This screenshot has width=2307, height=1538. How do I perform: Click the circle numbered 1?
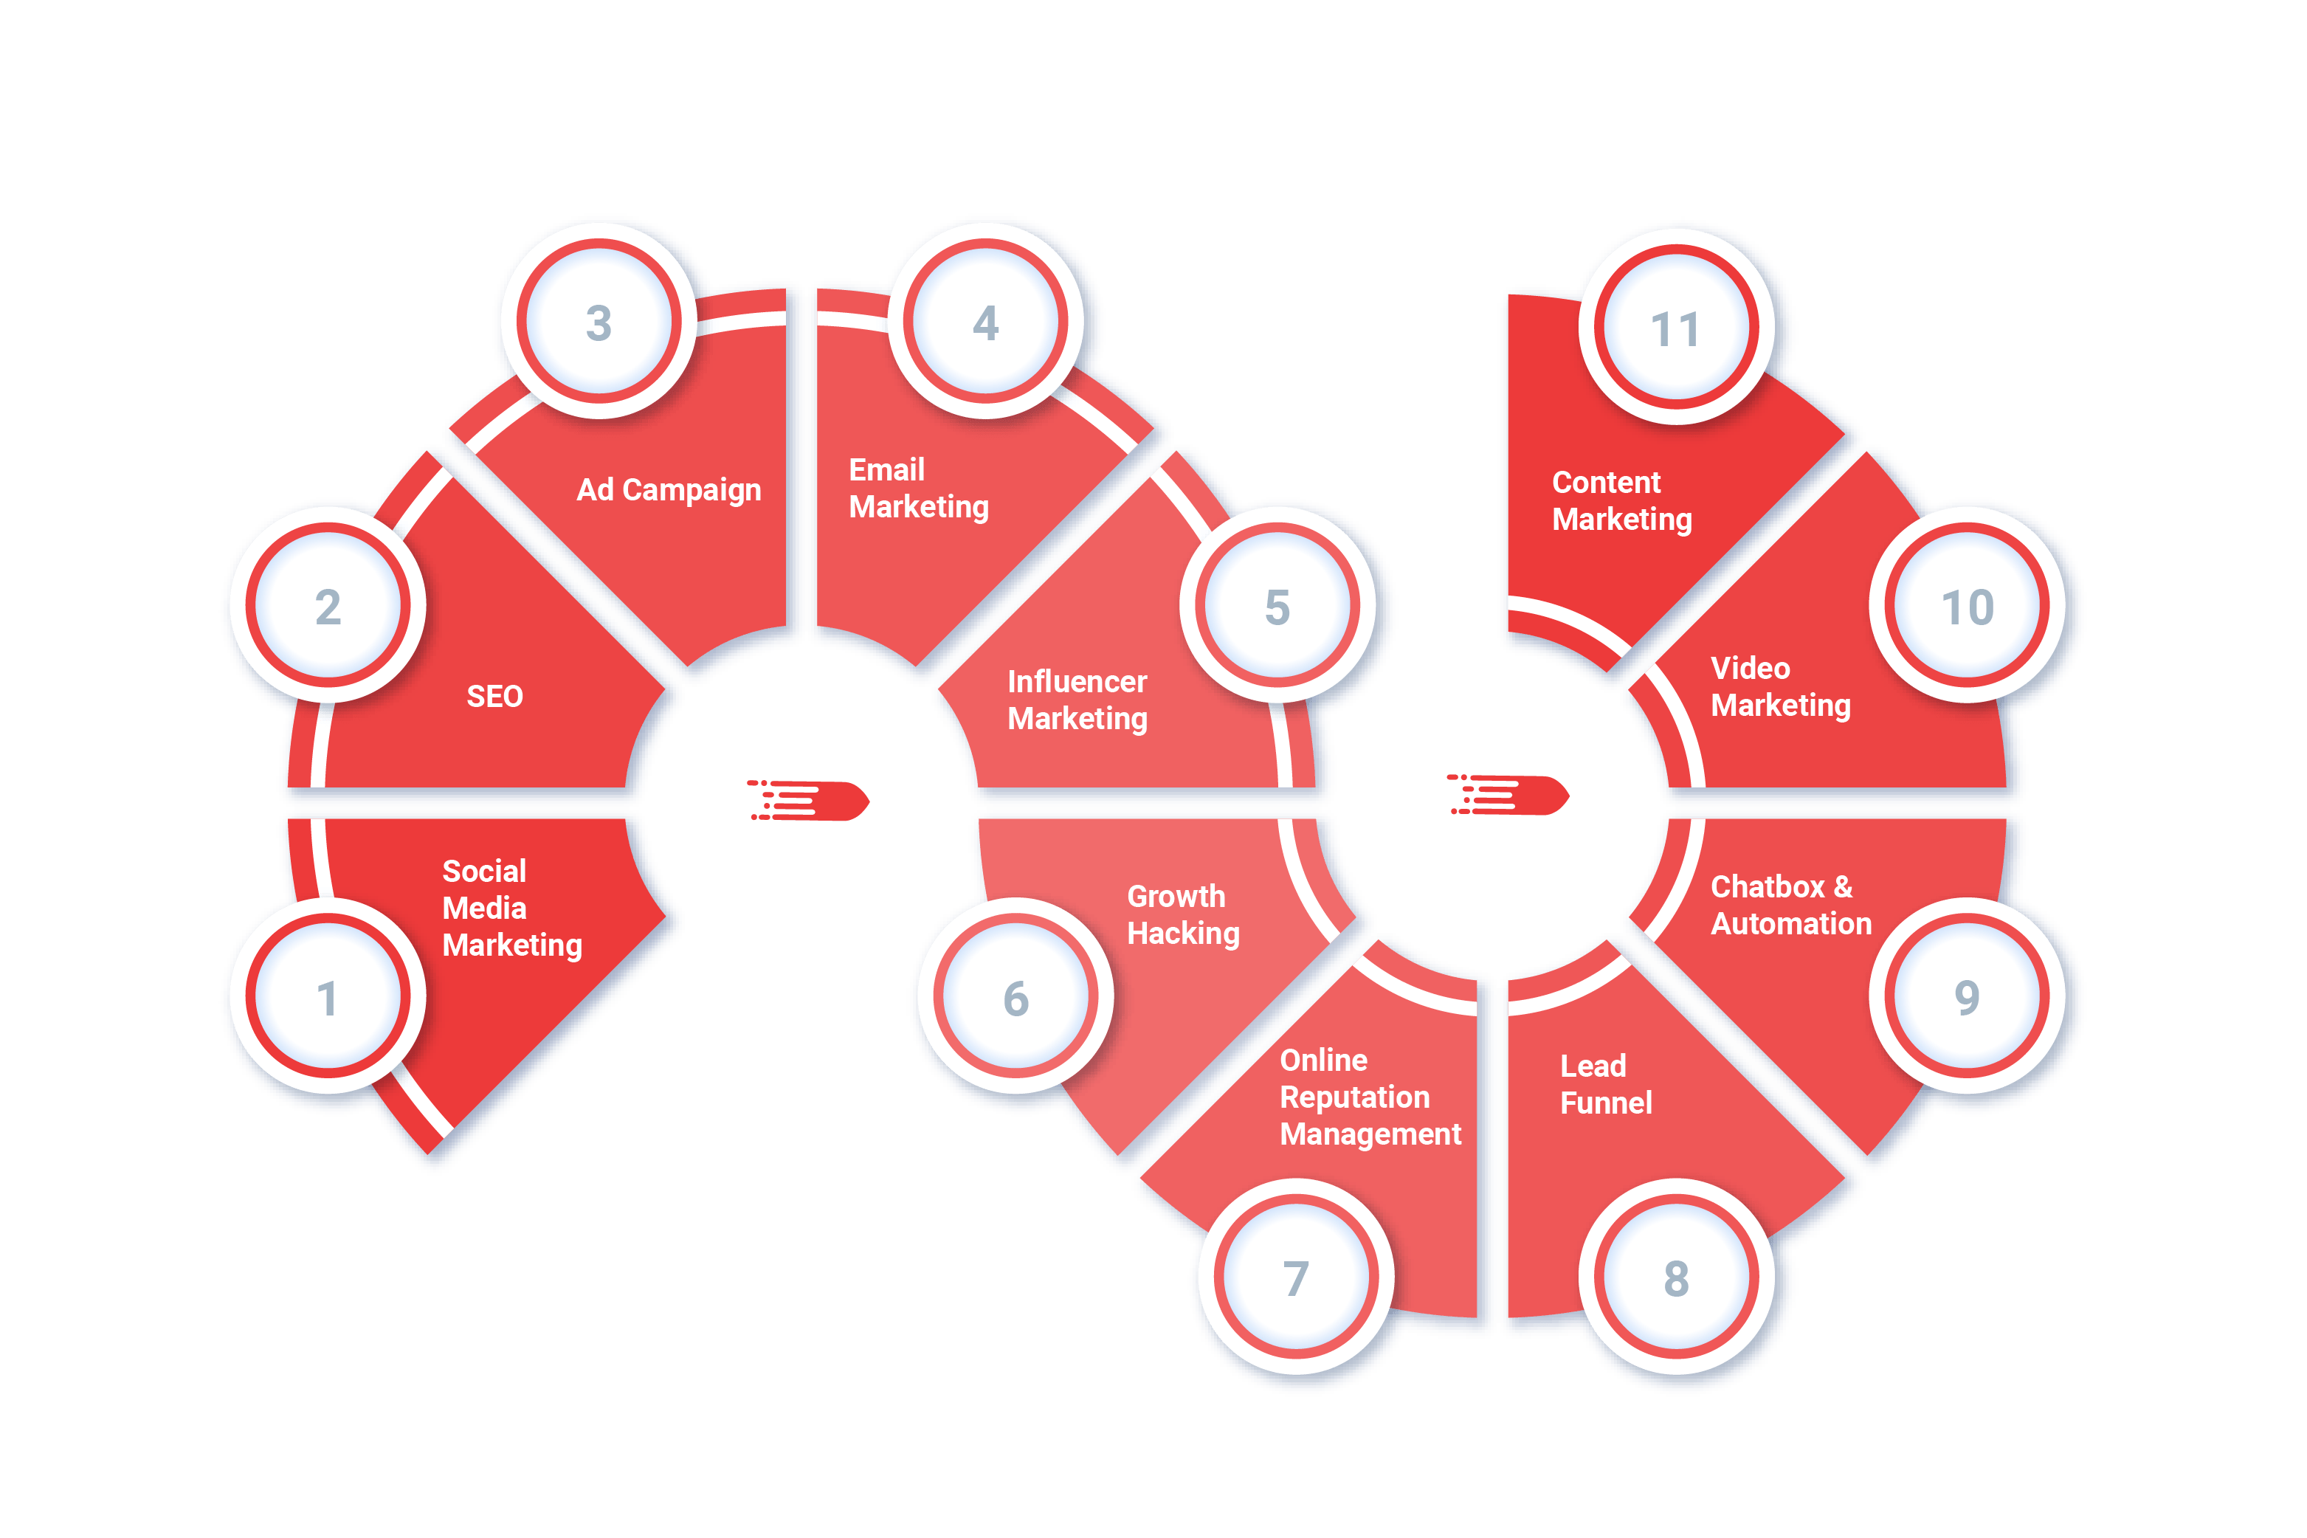(328, 996)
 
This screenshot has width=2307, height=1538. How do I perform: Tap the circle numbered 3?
(599, 322)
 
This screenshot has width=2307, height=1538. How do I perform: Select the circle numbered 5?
(1277, 606)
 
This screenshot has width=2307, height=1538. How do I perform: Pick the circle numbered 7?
(1296, 1277)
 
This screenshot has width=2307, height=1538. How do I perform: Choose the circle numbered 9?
(1967, 996)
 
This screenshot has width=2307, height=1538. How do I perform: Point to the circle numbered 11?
(1675, 328)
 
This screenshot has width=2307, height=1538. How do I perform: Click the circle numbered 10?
(1967, 606)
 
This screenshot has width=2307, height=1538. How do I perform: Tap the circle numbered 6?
(1015, 996)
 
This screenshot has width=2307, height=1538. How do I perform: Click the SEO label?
(494, 697)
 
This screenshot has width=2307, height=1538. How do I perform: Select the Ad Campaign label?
(668, 489)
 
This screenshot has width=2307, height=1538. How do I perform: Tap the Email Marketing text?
(918, 489)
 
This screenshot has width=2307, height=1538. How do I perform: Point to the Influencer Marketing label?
(1077, 700)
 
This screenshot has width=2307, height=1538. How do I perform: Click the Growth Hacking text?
(1183, 914)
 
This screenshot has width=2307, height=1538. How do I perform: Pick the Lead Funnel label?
(1606, 1084)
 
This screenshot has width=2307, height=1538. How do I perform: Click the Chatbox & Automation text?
(1790, 904)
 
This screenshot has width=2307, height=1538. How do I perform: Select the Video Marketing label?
(1780, 686)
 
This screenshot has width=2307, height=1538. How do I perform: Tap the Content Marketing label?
(1621, 500)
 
